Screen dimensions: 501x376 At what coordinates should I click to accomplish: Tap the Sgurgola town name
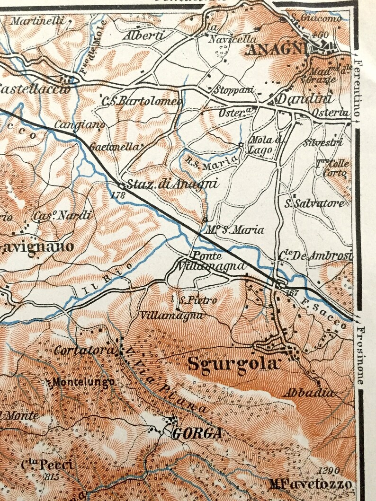click(232, 364)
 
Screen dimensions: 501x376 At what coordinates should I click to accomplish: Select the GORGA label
click(197, 433)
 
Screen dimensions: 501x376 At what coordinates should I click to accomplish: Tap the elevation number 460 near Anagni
click(321, 35)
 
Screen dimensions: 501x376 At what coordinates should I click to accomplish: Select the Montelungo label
click(83, 381)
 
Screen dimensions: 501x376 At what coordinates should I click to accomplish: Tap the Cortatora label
click(84, 351)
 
